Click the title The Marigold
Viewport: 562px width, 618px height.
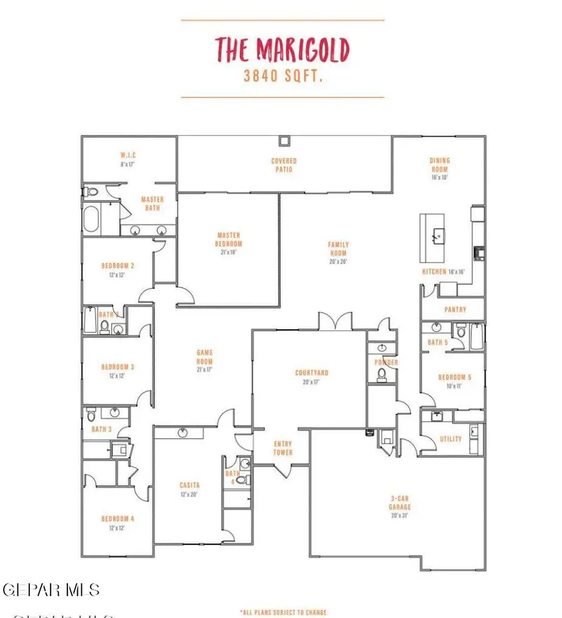pos(282,49)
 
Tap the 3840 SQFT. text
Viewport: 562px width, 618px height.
pos(282,77)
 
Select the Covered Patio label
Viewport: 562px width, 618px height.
pos(284,164)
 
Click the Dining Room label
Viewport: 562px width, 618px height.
pos(440,164)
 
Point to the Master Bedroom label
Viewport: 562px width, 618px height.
pos(229,240)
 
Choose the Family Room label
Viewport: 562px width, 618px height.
pos(338,249)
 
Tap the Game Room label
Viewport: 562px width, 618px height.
pos(205,357)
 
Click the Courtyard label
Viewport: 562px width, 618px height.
pos(312,373)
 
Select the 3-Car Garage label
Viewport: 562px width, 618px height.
pos(400,503)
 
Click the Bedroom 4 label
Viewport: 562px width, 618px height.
pos(118,519)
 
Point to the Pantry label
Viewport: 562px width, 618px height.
pos(455,309)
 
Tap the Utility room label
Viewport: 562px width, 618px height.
pos(451,439)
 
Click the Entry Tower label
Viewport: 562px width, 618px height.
pos(283,448)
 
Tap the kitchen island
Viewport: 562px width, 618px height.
pos(432,237)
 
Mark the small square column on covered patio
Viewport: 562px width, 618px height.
pos(285,140)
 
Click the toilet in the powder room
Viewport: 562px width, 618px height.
pos(380,374)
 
